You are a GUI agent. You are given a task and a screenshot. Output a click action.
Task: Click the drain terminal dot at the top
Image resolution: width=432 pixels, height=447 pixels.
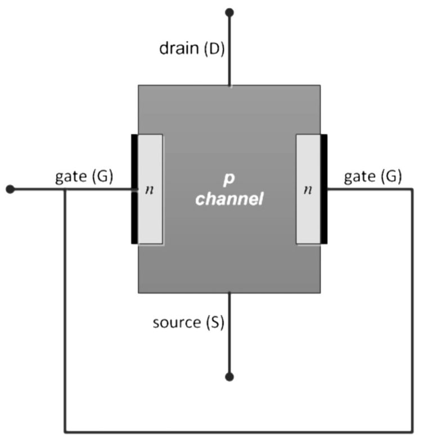[x=229, y=12]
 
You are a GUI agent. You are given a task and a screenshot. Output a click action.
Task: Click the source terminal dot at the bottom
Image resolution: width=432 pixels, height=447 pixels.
[x=229, y=377]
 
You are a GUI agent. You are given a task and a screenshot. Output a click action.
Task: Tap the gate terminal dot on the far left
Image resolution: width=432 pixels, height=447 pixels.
[x=10, y=189]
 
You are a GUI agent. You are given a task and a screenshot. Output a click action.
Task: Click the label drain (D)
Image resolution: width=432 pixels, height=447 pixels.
[x=192, y=48]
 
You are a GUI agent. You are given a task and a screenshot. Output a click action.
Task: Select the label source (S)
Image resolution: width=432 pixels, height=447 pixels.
[x=188, y=323]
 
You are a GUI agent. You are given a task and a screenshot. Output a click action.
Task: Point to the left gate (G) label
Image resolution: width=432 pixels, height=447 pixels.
[x=84, y=177]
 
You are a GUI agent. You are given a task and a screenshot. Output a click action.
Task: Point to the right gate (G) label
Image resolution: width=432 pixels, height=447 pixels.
[x=372, y=177]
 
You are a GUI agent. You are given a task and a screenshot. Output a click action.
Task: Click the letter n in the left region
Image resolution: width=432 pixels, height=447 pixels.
[x=149, y=190]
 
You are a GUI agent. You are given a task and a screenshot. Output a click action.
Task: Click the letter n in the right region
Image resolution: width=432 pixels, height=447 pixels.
[x=307, y=190]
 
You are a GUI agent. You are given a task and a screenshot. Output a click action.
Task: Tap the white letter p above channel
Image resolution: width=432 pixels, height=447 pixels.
[x=229, y=179]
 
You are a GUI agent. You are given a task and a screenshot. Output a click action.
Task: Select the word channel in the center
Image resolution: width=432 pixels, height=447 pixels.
[x=229, y=199]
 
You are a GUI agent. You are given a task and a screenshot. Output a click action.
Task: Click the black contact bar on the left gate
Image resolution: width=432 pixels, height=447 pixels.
[x=134, y=189]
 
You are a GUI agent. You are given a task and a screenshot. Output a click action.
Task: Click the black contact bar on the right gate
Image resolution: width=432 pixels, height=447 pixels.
[x=324, y=189]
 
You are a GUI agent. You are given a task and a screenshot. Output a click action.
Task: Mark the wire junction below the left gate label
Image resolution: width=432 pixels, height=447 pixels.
[x=65, y=189]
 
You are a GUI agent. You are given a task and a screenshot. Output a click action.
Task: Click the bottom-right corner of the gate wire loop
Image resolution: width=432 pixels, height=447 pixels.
[x=412, y=432]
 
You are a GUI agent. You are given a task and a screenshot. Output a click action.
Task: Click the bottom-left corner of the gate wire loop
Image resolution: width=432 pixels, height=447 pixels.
[x=65, y=432]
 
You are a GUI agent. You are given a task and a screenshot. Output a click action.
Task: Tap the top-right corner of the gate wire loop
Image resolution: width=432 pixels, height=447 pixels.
[x=412, y=189]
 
